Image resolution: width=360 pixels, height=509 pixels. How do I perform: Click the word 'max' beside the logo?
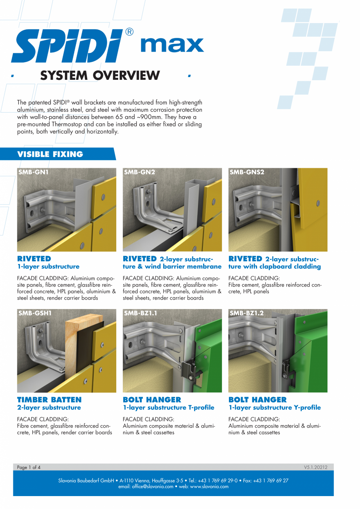pyautogui.click(x=172, y=45)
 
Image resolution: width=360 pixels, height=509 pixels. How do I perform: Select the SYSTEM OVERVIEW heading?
pyautogui.click(x=100, y=75)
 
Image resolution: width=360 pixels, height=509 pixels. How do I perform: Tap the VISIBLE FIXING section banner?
pyautogui.click(x=51, y=154)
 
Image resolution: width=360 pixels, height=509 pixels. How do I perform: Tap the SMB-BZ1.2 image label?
pyautogui.click(x=247, y=313)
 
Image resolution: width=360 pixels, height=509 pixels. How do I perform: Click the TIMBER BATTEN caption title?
pyautogui.click(x=49, y=399)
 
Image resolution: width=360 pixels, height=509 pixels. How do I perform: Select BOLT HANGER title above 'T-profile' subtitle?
pyautogui.click(x=152, y=399)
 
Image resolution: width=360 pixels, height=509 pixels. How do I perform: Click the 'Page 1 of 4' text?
pyautogui.click(x=29, y=467)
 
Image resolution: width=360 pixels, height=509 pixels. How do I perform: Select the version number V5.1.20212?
pyautogui.click(x=315, y=467)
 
